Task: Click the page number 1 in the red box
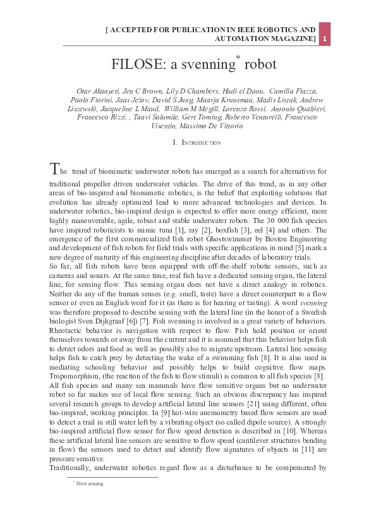(324, 39)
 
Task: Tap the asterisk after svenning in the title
(237, 57)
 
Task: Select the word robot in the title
(260, 64)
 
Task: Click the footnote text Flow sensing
(90, 484)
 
